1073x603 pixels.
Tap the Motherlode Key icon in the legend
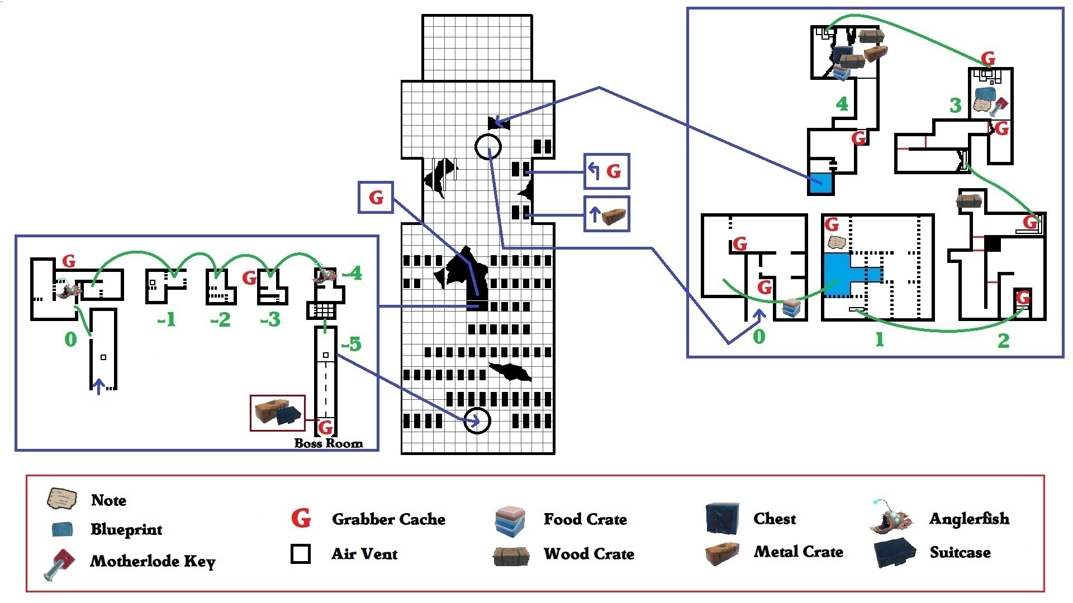[59, 563]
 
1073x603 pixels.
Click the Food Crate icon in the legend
[510, 519]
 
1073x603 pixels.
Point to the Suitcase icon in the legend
[895, 552]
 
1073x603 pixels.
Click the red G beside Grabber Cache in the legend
[301, 518]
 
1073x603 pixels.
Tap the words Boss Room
[329, 443]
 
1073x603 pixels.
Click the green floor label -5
[351, 344]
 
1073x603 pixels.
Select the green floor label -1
[167, 319]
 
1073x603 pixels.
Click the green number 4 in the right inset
[842, 103]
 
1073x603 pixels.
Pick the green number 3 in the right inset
[956, 105]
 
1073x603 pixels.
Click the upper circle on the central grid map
[488, 147]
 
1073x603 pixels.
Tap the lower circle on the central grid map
[477, 421]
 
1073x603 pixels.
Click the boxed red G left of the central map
[376, 197]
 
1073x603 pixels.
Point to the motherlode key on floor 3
[998, 106]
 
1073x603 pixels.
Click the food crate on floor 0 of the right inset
[791, 308]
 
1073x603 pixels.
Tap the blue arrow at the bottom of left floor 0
[99, 386]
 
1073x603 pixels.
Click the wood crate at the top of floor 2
[970, 200]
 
